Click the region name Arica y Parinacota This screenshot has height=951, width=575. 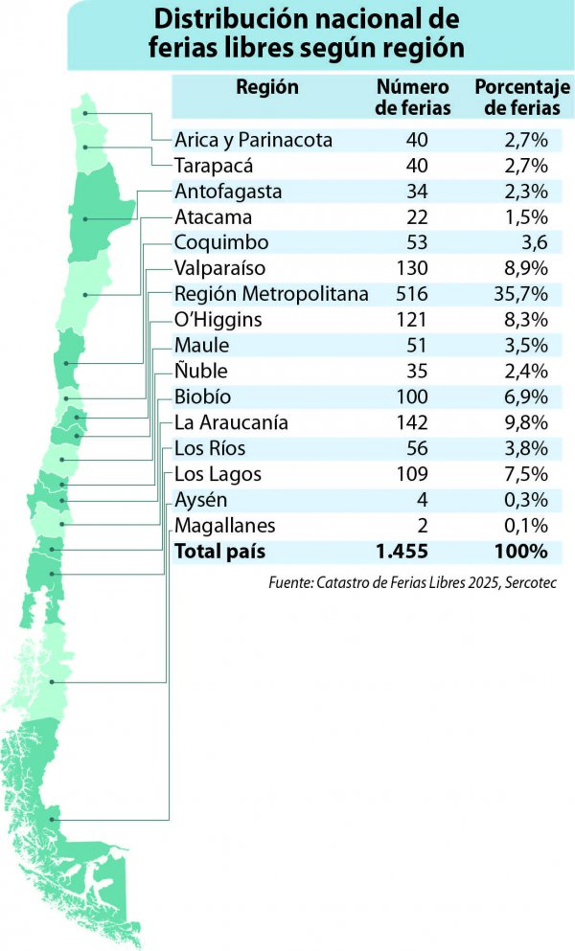(253, 140)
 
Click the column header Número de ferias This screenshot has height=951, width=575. (413, 97)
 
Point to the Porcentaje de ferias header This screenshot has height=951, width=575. (522, 97)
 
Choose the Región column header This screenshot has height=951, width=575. (267, 87)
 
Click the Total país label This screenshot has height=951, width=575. (219, 552)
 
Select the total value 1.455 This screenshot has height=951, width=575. (402, 552)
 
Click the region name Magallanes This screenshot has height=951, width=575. (224, 526)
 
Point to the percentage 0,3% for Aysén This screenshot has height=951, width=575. (526, 500)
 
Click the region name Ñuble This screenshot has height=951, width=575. (201, 371)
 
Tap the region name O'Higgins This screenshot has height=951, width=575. (218, 320)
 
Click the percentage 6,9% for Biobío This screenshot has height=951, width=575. (526, 396)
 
